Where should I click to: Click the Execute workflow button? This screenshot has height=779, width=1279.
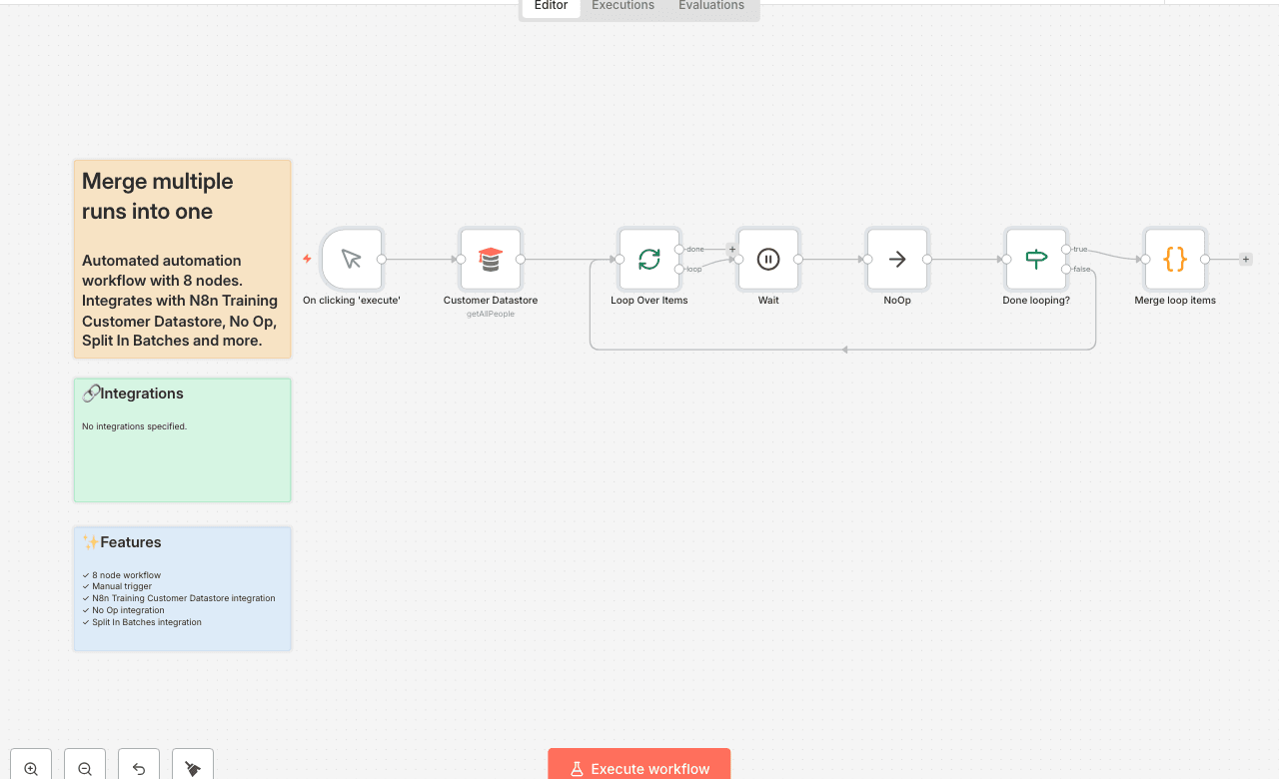pyautogui.click(x=639, y=768)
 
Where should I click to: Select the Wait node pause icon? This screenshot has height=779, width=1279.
pyautogui.click(x=768, y=260)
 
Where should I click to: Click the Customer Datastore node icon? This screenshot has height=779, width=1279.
pyautogui.click(x=491, y=260)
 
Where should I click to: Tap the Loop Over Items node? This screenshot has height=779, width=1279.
pyautogui.click(x=649, y=260)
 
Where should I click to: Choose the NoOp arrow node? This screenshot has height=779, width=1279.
pyautogui.click(x=897, y=260)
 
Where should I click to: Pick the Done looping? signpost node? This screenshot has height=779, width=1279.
pyautogui.click(x=1036, y=260)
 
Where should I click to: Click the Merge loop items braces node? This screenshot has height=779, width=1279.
pyautogui.click(x=1175, y=260)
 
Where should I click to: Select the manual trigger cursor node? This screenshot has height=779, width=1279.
pyautogui.click(x=352, y=260)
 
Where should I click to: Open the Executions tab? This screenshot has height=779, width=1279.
pyautogui.click(x=623, y=6)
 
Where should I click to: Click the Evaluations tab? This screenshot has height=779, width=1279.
pyautogui.click(x=711, y=6)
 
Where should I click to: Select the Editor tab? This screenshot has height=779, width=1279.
pyautogui.click(x=551, y=6)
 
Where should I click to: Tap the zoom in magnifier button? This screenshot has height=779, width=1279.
pyautogui.click(x=31, y=768)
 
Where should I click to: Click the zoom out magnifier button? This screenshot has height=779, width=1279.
pyautogui.click(x=85, y=768)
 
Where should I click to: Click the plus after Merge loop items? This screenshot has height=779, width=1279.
pyautogui.click(x=1246, y=260)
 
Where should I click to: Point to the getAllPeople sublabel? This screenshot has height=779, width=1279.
pyautogui.click(x=491, y=314)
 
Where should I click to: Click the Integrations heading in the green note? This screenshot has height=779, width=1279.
pyautogui.click(x=142, y=393)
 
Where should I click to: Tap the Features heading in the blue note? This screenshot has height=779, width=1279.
pyautogui.click(x=131, y=542)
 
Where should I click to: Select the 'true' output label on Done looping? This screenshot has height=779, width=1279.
pyautogui.click(x=1080, y=249)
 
